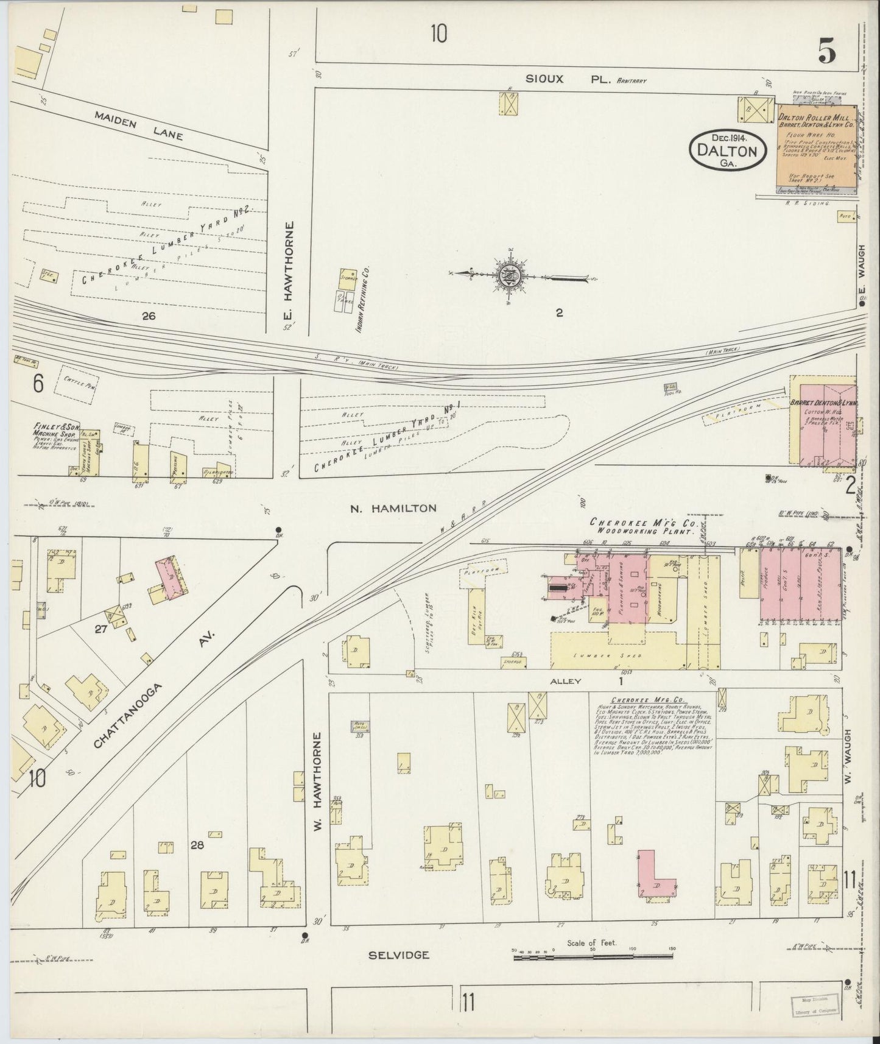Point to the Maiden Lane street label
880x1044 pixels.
138,125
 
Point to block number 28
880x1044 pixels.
196,845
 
